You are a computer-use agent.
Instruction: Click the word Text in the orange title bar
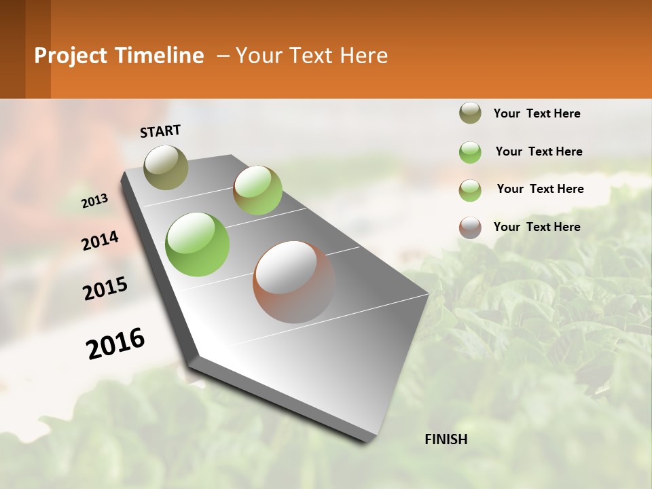[x=306, y=56]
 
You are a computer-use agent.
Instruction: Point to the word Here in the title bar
[x=363, y=56]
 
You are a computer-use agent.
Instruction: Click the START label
[x=160, y=131]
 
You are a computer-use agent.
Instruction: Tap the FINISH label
[x=446, y=439]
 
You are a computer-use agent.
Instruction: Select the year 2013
[x=94, y=201]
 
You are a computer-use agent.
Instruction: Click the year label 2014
[x=100, y=241]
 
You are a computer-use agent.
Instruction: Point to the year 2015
[x=105, y=288]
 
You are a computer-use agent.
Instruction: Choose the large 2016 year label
[x=115, y=343]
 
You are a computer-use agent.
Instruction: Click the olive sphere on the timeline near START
[x=166, y=167]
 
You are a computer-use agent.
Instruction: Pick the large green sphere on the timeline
[x=197, y=244]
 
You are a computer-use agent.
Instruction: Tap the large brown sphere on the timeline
[x=293, y=282]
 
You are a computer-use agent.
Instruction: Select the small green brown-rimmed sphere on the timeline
[x=257, y=190]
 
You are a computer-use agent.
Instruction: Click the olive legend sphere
[x=470, y=113]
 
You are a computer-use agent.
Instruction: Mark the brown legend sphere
[x=470, y=228]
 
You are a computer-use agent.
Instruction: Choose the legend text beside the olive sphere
[x=537, y=113]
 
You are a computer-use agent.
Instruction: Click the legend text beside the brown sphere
[x=537, y=227]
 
